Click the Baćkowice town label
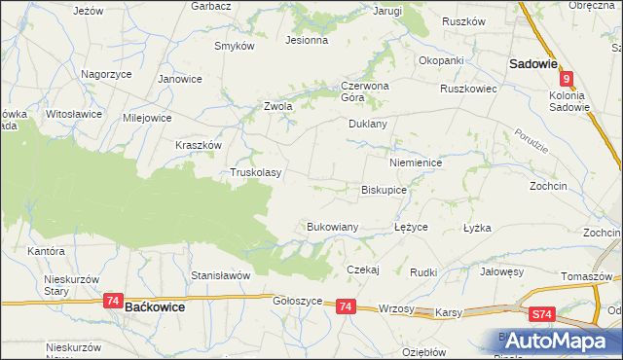pyautogui.click(x=156, y=306)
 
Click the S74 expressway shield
pyautogui.click(x=543, y=314)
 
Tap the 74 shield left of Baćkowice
pyautogui.click(x=114, y=303)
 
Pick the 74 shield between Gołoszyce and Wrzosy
pyautogui.click(x=345, y=306)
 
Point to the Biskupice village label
pyautogui.click(x=384, y=190)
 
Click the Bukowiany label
pyautogui.click(x=333, y=227)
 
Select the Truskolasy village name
pyautogui.click(x=255, y=173)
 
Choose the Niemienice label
pyautogui.click(x=416, y=163)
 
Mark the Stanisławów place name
pyautogui.click(x=221, y=275)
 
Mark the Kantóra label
pyautogui.click(x=47, y=251)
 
